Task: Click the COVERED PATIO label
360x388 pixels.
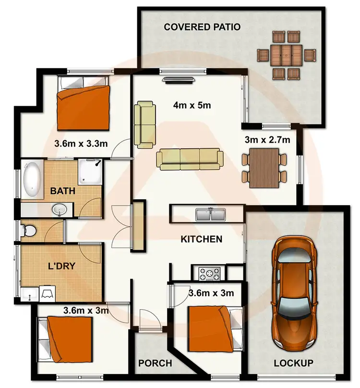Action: tap(202, 26)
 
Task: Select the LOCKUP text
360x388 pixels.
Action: tap(293, 363)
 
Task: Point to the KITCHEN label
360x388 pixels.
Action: tap(201, 239)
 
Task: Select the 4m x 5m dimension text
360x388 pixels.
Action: tap(193, 106)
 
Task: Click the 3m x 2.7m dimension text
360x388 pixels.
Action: tap(267, 140)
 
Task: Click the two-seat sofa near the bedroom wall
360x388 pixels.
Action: tap(145, 124)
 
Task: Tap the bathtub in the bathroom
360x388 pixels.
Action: tap(32, 180)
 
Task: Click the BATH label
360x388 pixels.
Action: tap(63, 191)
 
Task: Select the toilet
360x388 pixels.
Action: tap(28, 231)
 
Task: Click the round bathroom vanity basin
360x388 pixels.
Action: tap(60, 209)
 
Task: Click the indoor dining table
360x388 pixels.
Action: tap(264, 168)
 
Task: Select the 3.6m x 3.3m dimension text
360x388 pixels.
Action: tap(80, 143)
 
